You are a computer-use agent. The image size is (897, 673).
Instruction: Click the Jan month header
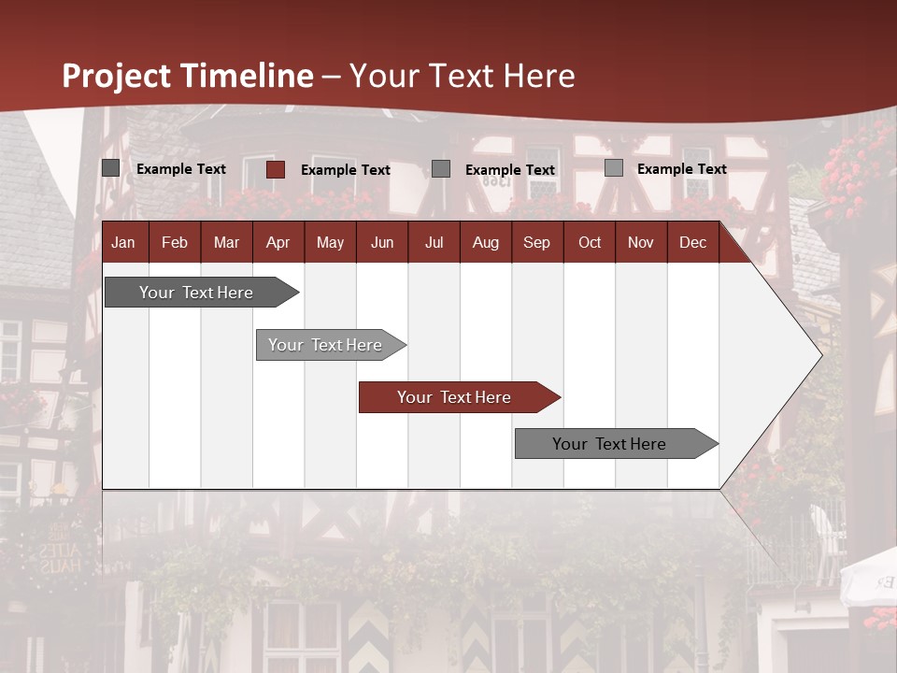point(123,242)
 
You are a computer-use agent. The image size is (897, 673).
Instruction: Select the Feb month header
point(175,242)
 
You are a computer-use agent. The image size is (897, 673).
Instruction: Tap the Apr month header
point(278,242)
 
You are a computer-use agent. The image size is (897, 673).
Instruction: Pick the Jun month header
point(382,242)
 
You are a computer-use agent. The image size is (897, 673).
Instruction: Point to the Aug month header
point(486,242)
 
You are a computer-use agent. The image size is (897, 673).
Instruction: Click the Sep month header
point(537,242)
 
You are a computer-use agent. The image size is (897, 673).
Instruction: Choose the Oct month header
point(590,242)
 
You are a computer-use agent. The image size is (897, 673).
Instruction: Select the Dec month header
point(693,242)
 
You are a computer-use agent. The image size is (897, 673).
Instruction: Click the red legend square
point(276,169)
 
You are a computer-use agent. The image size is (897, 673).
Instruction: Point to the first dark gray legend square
point(110,168)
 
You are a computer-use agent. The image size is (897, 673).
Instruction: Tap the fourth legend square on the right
point(614,168)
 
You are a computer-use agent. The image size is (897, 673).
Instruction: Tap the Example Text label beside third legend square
point(510,170)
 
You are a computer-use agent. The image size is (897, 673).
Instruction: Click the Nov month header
point(641,242)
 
